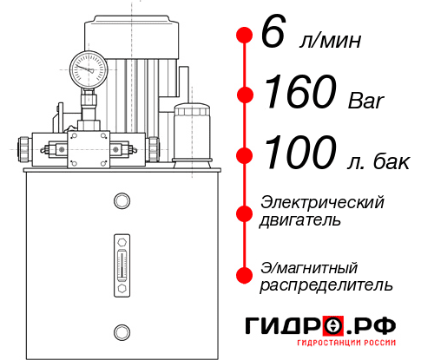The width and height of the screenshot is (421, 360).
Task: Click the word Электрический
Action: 322,202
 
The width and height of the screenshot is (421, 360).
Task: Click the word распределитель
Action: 326,285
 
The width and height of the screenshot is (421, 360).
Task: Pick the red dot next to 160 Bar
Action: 246,95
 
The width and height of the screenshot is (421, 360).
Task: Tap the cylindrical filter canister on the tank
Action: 192,133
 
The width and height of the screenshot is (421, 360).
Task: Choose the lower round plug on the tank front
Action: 121,331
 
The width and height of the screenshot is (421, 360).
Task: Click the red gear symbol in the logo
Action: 332,326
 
